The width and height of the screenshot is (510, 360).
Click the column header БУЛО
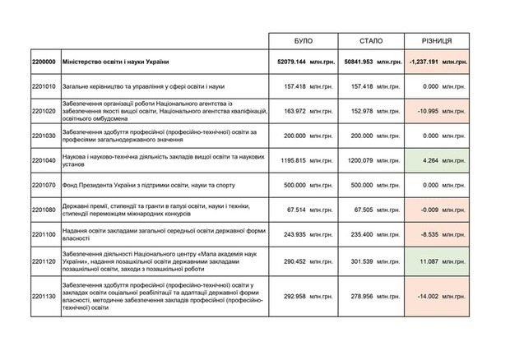point(303,40)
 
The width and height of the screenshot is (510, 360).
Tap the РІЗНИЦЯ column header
point(438,40)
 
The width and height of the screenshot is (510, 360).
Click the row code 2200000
point(43,63)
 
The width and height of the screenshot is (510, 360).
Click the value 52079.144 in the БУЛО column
point(292,63)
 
